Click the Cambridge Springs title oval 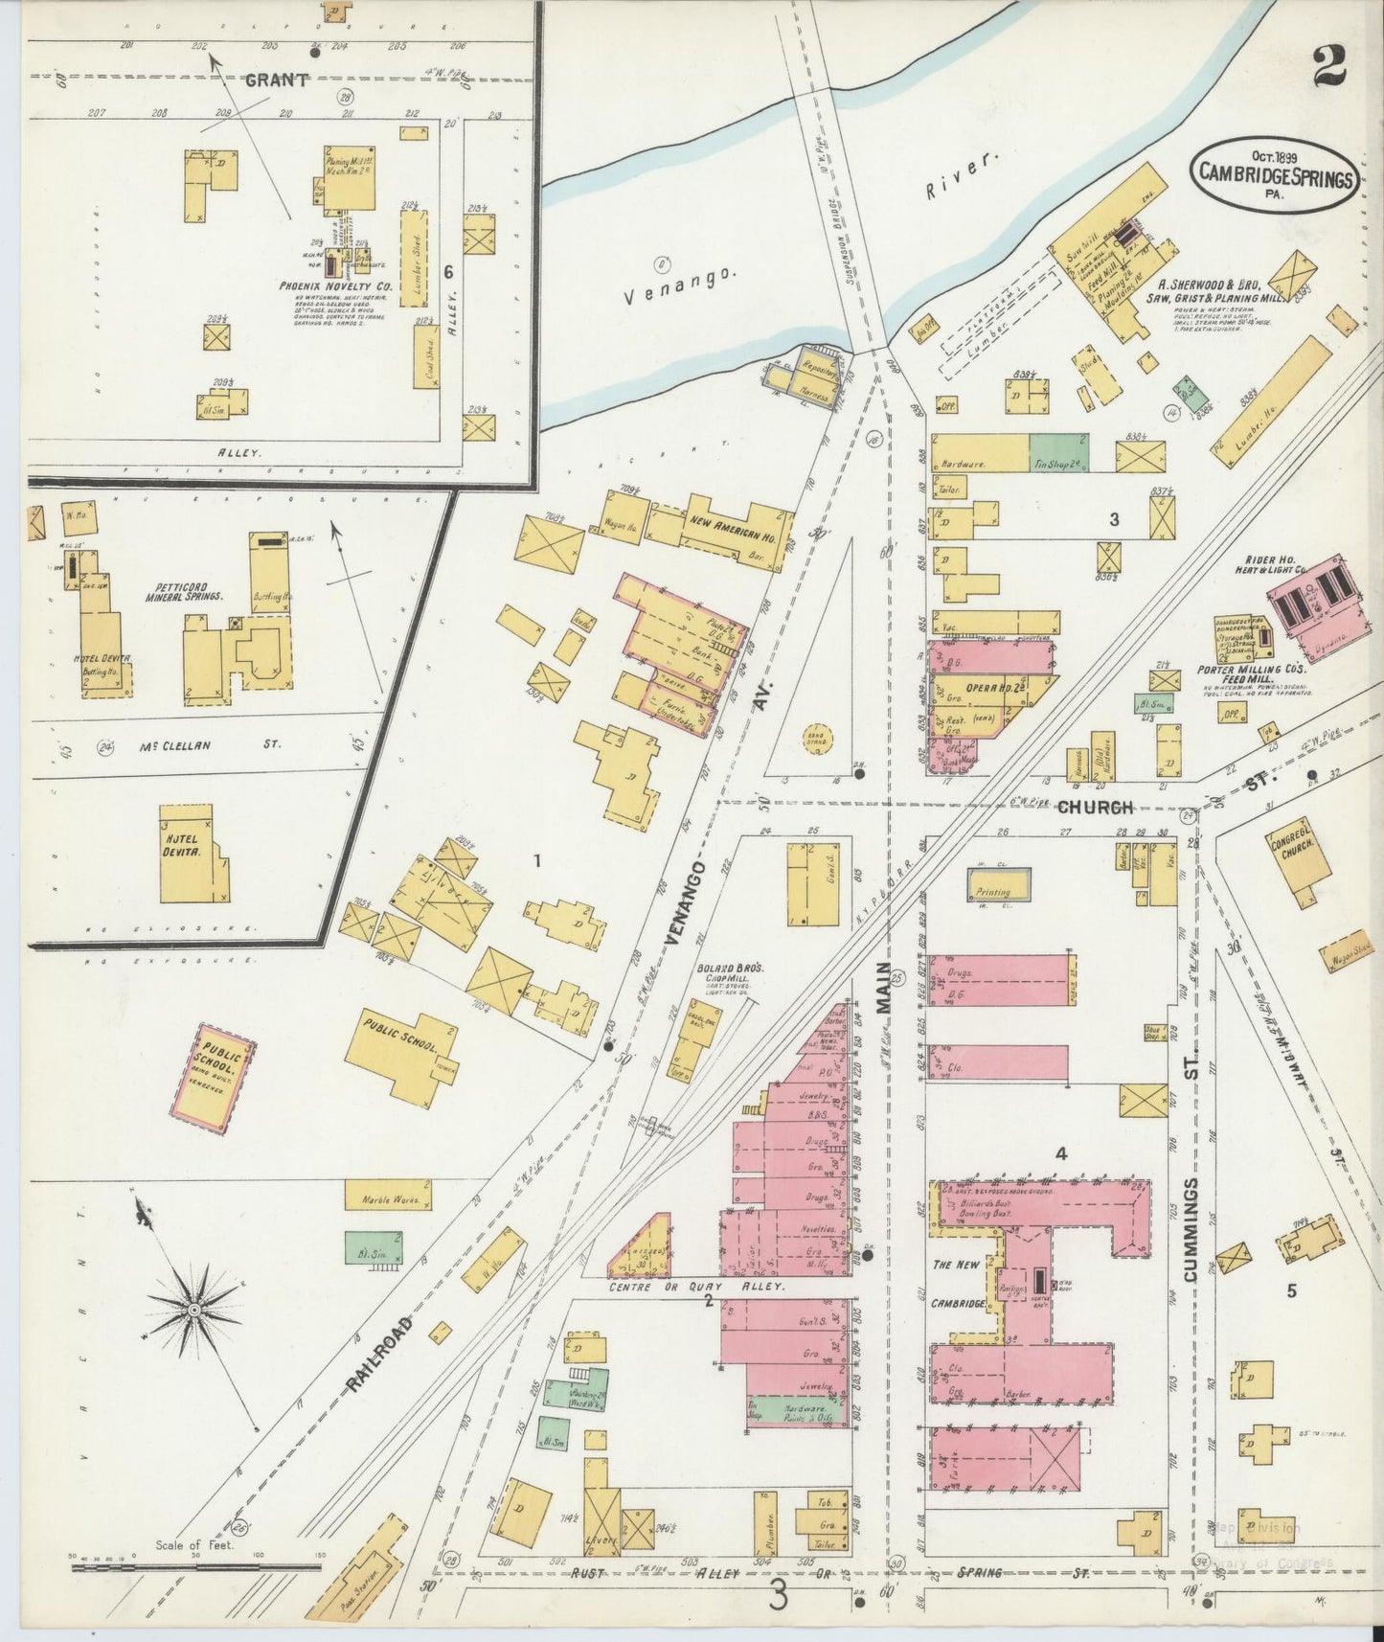(1273, 175)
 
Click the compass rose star (194, 1309)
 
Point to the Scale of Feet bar (196, 1568)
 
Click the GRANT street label (276, 80)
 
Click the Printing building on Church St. (998, 884)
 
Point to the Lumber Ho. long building (1270, 401)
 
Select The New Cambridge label (958, 1284)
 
